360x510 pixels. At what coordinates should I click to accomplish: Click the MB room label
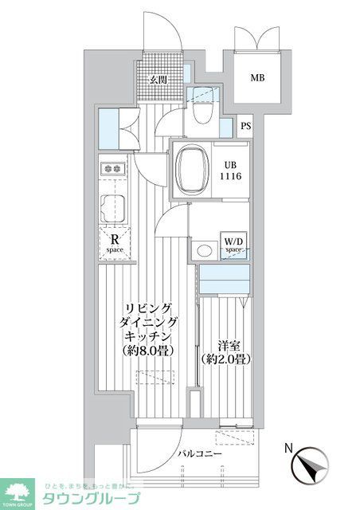point(256,78)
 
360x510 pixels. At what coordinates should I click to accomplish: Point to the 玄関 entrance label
point(158,80)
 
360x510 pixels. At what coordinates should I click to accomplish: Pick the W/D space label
point(233,245)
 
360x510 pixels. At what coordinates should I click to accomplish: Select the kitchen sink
point(112,207)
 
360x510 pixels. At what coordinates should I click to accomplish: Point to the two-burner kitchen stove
point(112,168)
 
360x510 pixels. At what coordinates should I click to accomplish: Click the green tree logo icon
point(19,492)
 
